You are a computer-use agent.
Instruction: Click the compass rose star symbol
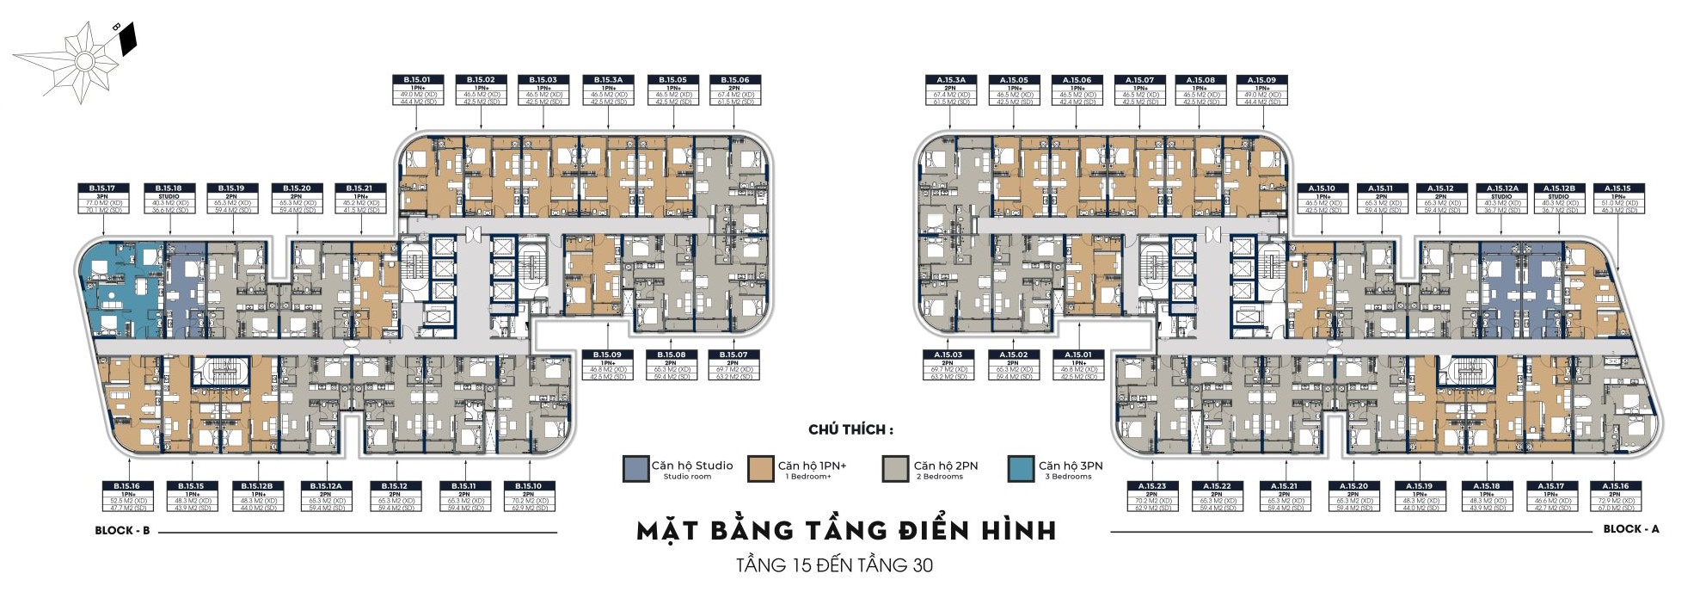pyautogui.click(x=83, y=61)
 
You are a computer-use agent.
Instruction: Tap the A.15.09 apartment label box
pyautogui.click(x=1261, y=90)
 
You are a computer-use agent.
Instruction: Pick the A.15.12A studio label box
pyautogui.click(x=1501, y=199)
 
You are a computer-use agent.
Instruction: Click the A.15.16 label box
pyautogui.click(x=1615, y=496)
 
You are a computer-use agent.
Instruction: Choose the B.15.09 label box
pyautogui.click(x=606, y=365)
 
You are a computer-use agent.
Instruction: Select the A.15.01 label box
pyautogui.click(x=1077, y=365)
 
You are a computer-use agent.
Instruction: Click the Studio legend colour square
pyautogui.click(x=635, y=469)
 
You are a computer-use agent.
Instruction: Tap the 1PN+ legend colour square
pyautogui.click(x=761, y=469)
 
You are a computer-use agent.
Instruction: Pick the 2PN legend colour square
pyautogui.click(x=895, y=469)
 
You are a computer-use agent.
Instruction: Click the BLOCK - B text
pyautogui.click(x=122, y=531)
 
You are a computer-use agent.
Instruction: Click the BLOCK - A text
pyautogui.click(x=1630, y=529)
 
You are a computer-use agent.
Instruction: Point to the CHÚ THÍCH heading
pyautogui.click(x=850, y=430)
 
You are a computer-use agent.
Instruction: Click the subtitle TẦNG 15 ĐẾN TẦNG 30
pyautogui.click(x=834, y=565)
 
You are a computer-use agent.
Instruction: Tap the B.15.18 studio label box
pyautogui.click(x=169, y=199)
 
